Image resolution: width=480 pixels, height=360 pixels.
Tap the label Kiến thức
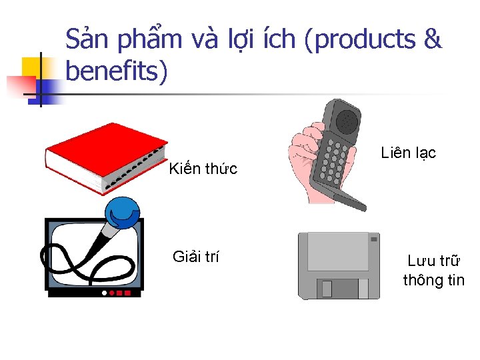coord(203,169)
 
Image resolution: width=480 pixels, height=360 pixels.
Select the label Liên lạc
coord(408,153)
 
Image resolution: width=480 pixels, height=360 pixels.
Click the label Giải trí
coord(195,257)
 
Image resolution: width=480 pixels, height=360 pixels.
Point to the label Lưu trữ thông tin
coord(433,271)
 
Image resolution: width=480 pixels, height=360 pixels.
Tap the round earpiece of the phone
coord(347,121)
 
